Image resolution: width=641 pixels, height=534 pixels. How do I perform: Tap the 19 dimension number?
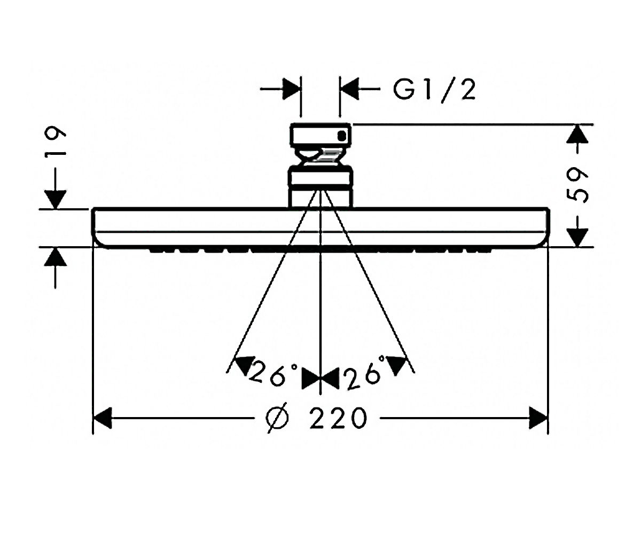(x=55, y=140)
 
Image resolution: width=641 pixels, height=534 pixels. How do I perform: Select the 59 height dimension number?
(x=577, y=186)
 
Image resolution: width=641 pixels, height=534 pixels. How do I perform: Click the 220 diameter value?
(x=338, y=418)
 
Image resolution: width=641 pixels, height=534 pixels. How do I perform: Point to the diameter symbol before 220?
(x=277, y=418)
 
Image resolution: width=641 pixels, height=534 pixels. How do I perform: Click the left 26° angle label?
(x=273, y=375)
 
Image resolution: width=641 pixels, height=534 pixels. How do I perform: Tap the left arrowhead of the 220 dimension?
(x=102, y=418)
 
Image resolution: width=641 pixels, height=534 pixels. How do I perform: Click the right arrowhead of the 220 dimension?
(x=538, y=418)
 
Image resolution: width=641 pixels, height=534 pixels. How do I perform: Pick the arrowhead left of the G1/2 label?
(x=349, y=89)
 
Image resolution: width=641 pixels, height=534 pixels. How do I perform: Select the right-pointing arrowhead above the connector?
(x=291, y=89)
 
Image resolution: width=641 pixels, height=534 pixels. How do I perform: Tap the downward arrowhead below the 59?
(x=577, y=238)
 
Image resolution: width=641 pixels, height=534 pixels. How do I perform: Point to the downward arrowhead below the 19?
(x=55, y=200)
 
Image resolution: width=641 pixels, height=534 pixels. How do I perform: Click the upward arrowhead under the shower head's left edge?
(x=55, y=256)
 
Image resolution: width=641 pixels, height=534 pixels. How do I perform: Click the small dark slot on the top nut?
(x=342, y=136)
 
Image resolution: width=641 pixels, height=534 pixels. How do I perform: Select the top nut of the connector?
(x=320, y=135)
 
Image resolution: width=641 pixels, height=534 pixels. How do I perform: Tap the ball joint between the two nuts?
(x=320, y=156)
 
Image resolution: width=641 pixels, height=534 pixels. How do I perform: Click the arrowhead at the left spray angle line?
(x=245, y=365)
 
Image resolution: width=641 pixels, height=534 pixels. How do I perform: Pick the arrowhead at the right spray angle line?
(x=396, y=365)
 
